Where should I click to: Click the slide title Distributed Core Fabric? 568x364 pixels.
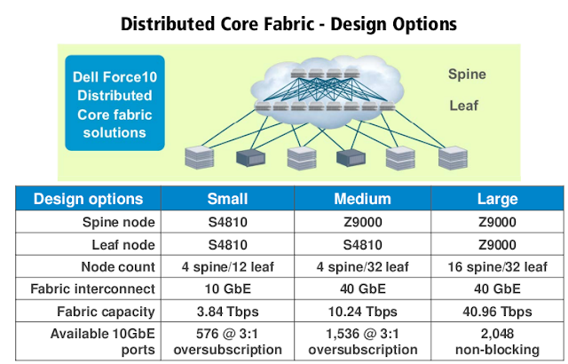click(284, 20)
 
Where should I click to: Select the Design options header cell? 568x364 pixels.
click(89, 199)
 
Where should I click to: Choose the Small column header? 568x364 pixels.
click(227, 199)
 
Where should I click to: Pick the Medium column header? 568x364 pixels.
click(359, 199)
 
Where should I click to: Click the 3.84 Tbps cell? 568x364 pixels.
click(227, 310)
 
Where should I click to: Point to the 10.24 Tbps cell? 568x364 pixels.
click(359, 310)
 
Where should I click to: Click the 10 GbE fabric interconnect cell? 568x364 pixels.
click(227, 288)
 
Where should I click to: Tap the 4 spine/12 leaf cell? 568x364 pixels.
click(227, 265)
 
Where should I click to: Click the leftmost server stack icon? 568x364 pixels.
click(195, 157)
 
